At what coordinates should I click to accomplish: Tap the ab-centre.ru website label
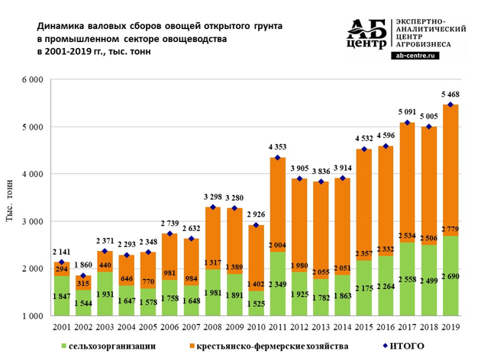pos(421,55)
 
